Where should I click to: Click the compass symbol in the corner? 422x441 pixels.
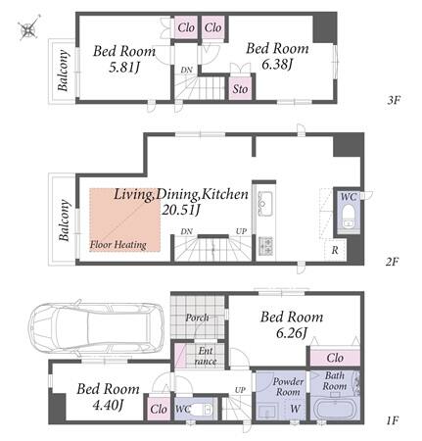point(28,27)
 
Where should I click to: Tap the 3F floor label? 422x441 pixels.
point(394,100)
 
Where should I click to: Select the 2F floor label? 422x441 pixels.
point(392,261)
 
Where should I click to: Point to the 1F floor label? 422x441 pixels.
point(392,420)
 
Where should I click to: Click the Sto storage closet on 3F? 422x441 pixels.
point(240,88)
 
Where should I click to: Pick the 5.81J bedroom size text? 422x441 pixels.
point(124,68)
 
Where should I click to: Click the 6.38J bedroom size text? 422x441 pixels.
point(277,65)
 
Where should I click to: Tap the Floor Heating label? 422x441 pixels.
point(117,244)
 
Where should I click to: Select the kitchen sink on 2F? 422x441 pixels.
point(264,204)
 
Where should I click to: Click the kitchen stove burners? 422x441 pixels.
point(265,245)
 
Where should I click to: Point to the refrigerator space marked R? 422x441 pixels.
point(335,250)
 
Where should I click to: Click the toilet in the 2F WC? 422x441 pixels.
point(349,217)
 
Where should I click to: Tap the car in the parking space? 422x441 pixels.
point(96,327)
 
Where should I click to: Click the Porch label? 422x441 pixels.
point(197,318)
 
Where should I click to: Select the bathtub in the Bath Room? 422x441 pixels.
point(335,408)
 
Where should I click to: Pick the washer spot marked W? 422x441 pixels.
point(295,409)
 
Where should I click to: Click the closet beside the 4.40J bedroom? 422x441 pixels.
point(159,408)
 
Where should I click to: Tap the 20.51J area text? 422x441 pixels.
point(181,210)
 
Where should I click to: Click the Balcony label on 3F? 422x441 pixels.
point(63,71)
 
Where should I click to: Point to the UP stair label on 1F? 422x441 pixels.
point(240,390)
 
